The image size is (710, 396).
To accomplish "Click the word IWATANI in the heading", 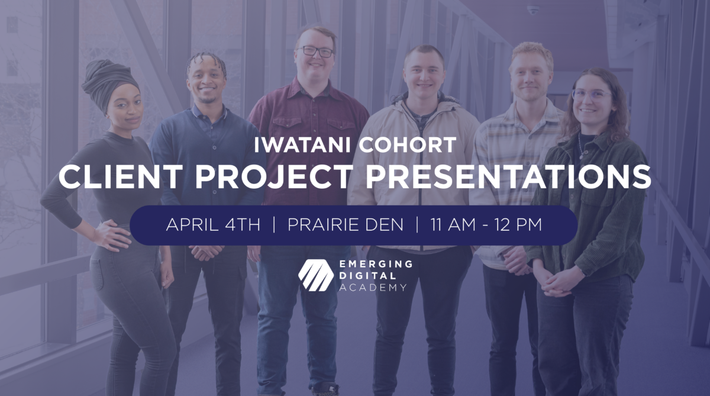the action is pyautogui.click(x=302, y=145).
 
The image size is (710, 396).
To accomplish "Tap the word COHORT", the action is pyautogui.click(x=407, y=145).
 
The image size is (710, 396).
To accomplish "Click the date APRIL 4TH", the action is pyautogui.click(x=213, y=225).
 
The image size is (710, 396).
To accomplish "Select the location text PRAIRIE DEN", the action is pyautogui.click(x=346, y=225).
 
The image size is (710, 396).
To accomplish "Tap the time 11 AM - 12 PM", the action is pyautogui.click(x=486, y=225).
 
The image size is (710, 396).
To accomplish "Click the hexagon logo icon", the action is pyautogui.click(x=316, y=275).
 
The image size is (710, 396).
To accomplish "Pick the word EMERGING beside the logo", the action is pyautogui.click(x=376, y=264).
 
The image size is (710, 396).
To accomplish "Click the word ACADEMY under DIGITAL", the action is pyautogui.click(x=373, y=288).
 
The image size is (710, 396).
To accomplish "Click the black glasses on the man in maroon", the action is pyautogui.click(x=315, y=51).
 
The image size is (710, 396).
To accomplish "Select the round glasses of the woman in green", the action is pyautogui.click(x=591, y=95).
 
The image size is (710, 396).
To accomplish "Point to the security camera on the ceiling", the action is pyautogui.click(x=533, y=11).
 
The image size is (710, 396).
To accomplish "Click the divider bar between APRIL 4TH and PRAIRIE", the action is pyautogui.click(x=274, y=225).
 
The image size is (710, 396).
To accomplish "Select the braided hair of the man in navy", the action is pyautogui.click(x=206, y=61).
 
